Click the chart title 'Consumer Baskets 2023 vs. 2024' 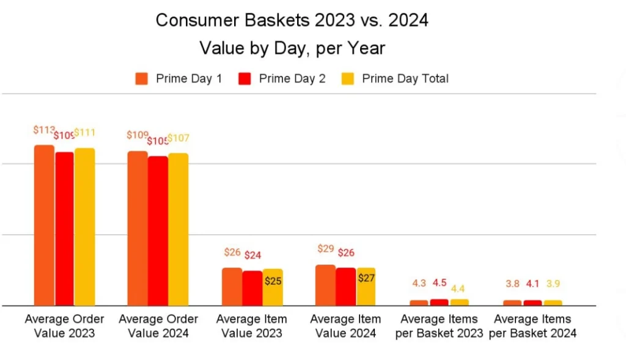pyautogui.click(x=292, y=20)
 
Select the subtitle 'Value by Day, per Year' pyautogui.click(x=292, y=48)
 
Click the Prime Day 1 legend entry pyautogui.click(x=179, y=78)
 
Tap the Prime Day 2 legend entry pyautogui.click(x=282, y=78)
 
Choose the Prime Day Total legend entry pyautogui.click(x=395, y=78)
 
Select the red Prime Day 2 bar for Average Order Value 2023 pyautogui.click(x=64, y=229)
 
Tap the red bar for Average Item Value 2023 pyautogui.click(x=252, y=288)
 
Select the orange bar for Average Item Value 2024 pyautogui.click(x=325, y=285)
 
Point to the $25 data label pyautogui.click(x=273, y=281)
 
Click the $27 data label pyautogui.click(x=366, y=277)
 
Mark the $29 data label pyautogui.click(x=326, y=249)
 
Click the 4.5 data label pyautogui.click(x=440, y=283)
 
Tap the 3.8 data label pyautogui.click(x=513, y=284)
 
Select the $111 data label pyautogui.click(x=85, y=133)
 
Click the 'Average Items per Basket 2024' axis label pyautogui.click(x=532, y=326)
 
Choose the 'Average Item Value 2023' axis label pyautogui.click(x=251, y=326)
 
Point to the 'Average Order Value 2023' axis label pyautogui.click(x=64, y=326)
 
